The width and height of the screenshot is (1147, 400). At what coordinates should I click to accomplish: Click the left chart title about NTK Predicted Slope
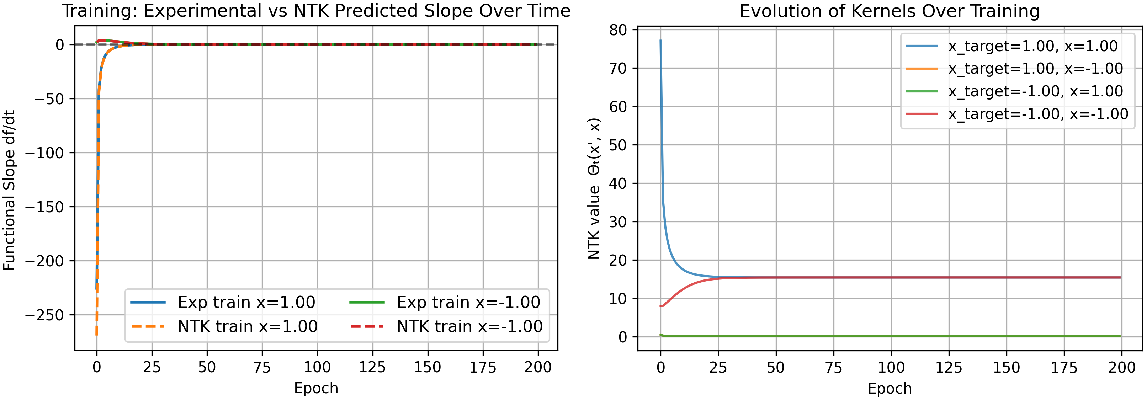316,11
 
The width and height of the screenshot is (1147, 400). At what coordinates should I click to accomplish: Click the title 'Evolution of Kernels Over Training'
889,11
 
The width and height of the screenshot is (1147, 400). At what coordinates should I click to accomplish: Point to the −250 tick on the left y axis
44,315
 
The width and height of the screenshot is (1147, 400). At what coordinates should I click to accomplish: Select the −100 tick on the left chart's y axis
44,153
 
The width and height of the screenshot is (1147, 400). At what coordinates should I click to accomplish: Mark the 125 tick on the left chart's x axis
372,368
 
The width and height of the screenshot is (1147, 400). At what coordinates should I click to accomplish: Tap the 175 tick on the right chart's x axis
1064,368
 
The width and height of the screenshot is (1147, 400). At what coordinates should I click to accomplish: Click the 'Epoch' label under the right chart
889,388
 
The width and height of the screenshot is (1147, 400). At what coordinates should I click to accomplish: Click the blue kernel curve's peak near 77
660,41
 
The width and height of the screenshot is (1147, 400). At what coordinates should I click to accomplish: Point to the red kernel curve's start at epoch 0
661,306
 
